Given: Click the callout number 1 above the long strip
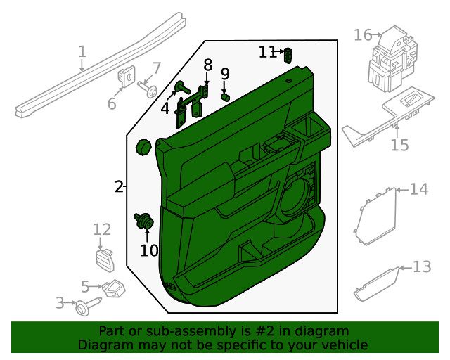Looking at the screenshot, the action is [x=82, y=51].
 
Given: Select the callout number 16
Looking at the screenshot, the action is [x=363, y=35].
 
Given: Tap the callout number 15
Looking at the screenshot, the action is [x=400, y=145].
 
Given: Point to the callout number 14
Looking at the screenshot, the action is [x=419, y=189].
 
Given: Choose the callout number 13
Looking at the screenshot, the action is [x=422, y=267].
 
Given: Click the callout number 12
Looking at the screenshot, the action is [x=102, y=229].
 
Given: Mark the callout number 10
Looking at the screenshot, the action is [x=149, y=250].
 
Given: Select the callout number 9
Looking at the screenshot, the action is [x=225, y=74].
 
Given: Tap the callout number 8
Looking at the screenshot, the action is [x=208, y=65].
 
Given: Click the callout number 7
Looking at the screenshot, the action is [x=156, y=69].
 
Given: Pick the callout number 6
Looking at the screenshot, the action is [x=112, y=103].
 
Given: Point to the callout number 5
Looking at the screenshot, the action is [x=85, y=286].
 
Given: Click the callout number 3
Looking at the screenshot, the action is [x=60, y=303].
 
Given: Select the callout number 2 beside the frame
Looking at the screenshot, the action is [x=119, y=186].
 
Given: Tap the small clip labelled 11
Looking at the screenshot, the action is [x=288, y=56].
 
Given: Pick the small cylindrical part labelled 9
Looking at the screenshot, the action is [x=225, y=97].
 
